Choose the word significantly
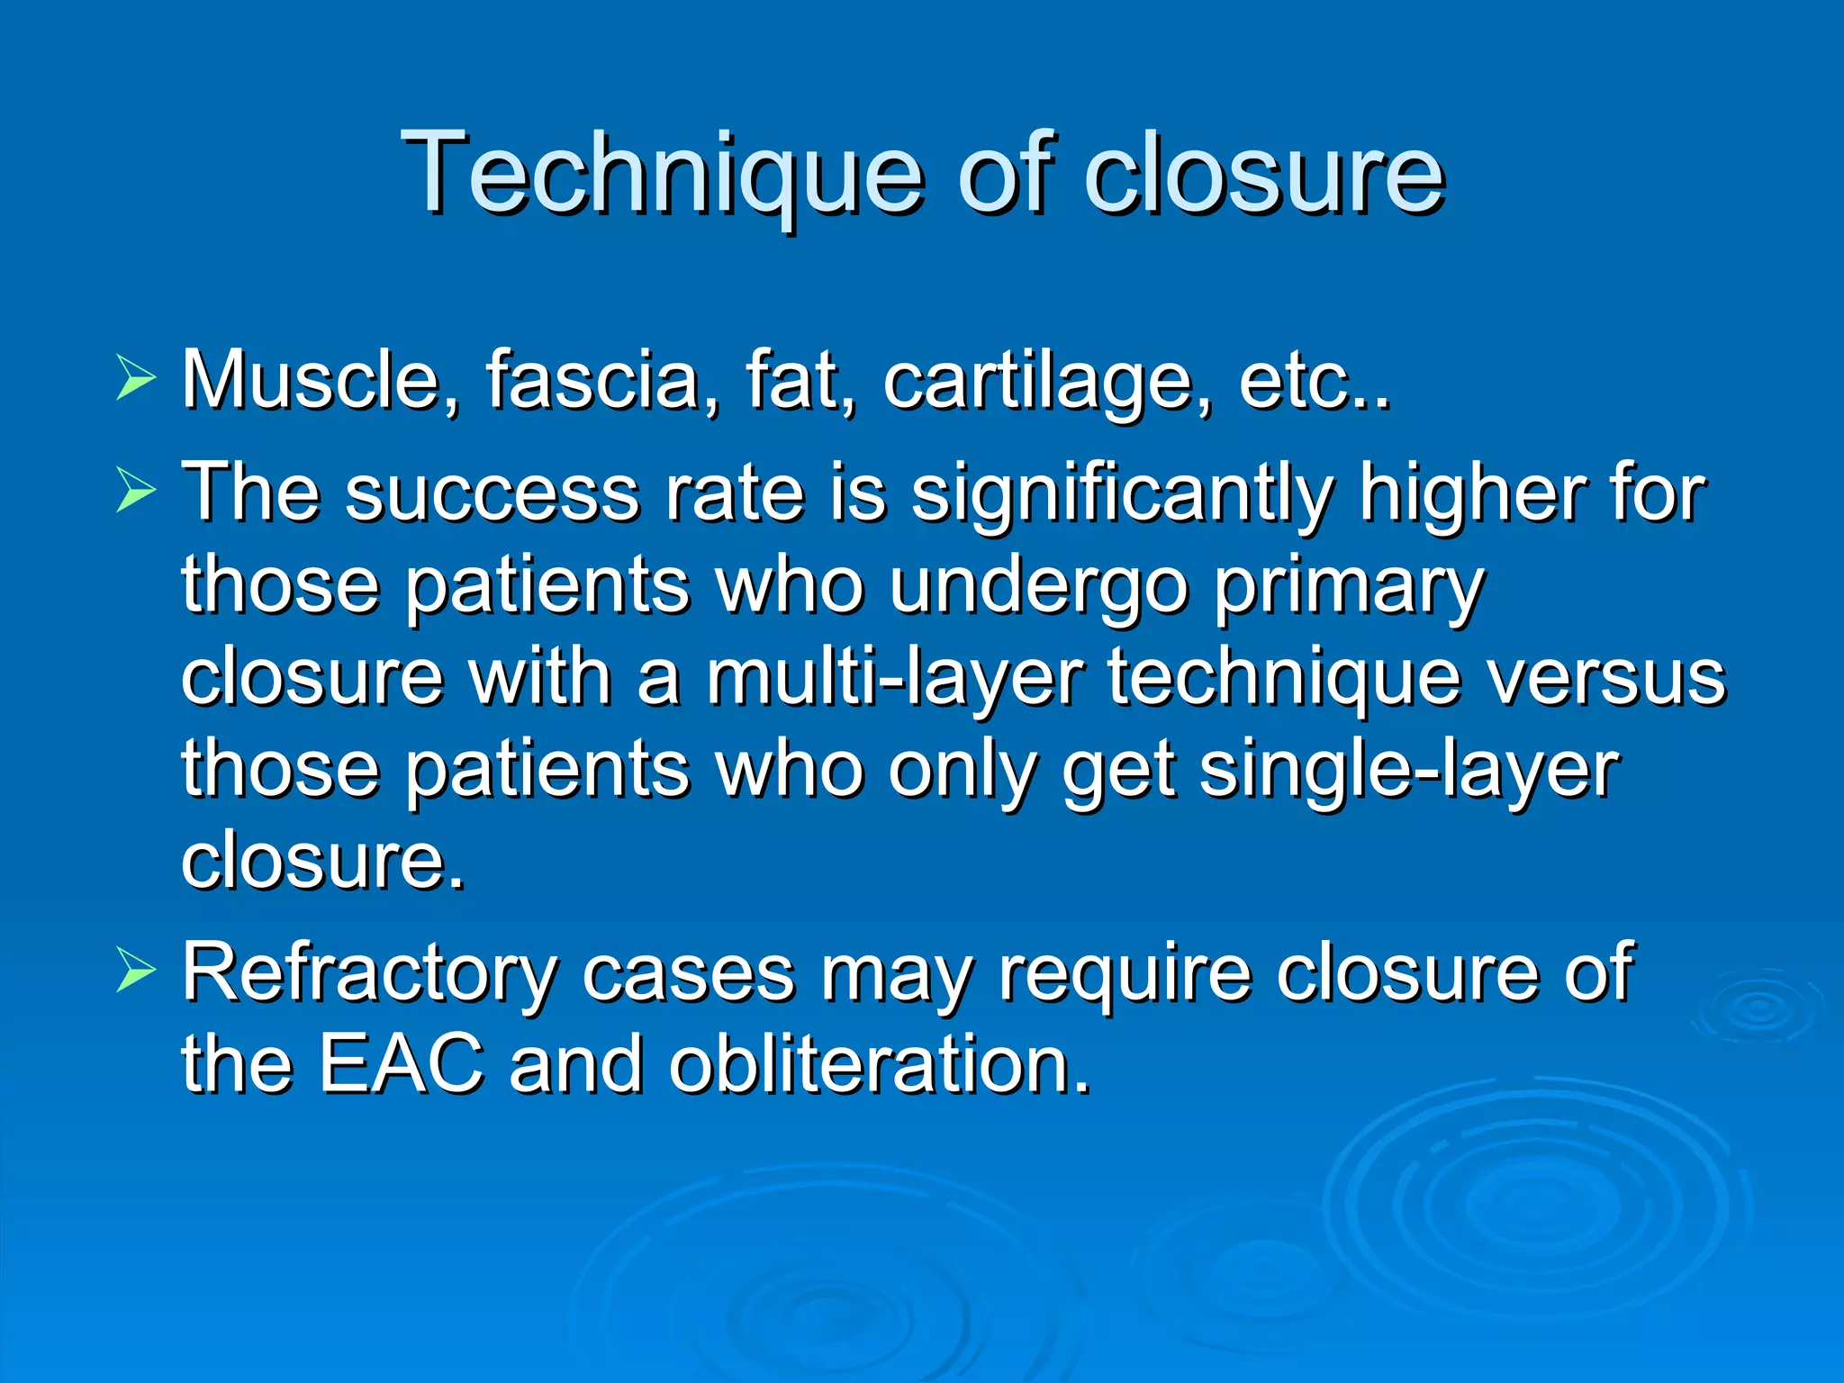click(1121, 495)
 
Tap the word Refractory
click(369, 974)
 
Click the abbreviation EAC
click(401, 1064)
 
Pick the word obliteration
click(879, 1064)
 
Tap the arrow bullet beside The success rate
click(135, 493)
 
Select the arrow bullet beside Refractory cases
click(135, 973)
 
